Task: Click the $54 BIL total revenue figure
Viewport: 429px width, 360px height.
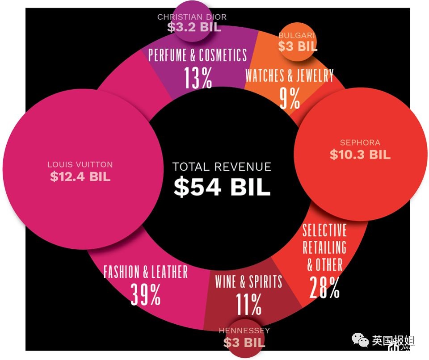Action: click(222, 187)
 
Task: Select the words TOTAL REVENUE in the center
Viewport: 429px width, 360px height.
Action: click(222, 167)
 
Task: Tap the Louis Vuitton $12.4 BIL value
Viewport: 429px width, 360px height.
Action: click(80, 176)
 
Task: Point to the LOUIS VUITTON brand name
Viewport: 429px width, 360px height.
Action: click(80, 164)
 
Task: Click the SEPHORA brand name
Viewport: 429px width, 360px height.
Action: click(360, 143)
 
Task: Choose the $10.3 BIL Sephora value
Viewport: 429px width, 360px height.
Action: click(360, 155)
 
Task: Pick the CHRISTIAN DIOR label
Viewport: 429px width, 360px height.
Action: click(192, 17)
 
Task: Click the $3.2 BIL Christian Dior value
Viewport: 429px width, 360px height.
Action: click(194, 27)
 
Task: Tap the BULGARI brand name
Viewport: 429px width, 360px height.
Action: click(297, 35)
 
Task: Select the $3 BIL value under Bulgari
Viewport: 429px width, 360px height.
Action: click(298, 46)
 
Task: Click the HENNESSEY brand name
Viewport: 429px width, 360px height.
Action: click(244, 331)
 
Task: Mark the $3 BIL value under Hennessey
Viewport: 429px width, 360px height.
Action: click(244, 343)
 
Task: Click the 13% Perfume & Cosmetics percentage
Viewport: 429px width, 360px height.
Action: click(198, 78)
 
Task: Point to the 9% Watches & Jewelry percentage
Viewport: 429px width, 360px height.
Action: click(290, 99)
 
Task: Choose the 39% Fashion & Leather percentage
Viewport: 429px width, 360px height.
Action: click(146, 294)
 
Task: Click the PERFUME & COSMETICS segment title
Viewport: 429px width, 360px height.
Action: click(198, 55)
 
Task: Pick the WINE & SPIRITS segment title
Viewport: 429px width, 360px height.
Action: click(248, 282)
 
